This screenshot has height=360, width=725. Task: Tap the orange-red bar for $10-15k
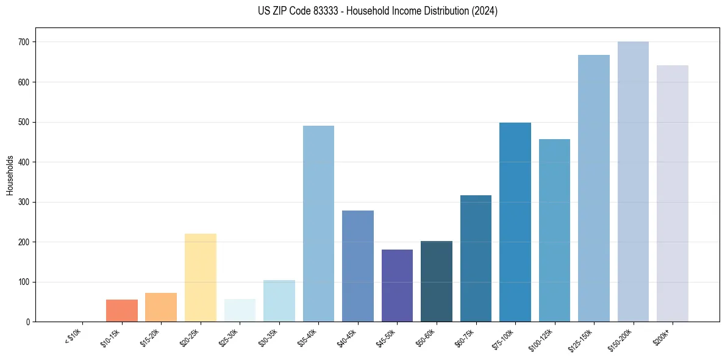click(122, 311)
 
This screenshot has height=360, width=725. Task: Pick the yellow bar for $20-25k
click(201, 278)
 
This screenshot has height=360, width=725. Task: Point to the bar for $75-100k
click(515, 222)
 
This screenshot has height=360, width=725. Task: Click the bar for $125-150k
click(594, 189)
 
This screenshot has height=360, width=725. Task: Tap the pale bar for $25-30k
click(240, 311)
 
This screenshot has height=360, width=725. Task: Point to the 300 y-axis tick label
click(25, 202)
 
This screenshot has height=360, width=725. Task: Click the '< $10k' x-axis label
click(73, 336)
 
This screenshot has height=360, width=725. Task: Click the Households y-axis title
click(10, 175)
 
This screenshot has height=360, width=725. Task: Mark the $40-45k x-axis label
click(348, 337)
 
